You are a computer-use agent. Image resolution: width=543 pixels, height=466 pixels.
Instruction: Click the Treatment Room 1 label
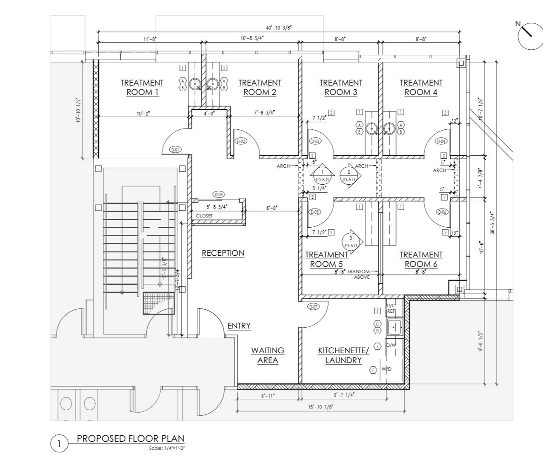142,87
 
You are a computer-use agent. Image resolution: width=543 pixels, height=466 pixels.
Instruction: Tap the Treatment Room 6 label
421,259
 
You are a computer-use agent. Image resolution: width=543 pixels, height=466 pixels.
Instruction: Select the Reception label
223,253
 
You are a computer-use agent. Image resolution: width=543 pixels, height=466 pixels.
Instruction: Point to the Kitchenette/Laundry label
343,355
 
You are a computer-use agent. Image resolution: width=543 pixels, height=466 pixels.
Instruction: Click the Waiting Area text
268,355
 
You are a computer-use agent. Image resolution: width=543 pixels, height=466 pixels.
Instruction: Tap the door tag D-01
175,149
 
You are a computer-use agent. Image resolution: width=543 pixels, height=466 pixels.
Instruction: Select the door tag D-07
313,307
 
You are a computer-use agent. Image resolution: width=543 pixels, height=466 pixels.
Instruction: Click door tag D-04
442,141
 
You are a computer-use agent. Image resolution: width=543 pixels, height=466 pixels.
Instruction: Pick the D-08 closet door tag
219,194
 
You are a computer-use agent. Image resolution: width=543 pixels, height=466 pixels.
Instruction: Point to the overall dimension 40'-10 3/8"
279,27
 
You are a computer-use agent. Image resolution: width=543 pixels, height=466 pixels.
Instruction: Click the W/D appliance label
386,369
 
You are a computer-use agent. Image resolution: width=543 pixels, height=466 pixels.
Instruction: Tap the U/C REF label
391,309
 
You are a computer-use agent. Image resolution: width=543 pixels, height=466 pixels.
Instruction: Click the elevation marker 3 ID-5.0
351,242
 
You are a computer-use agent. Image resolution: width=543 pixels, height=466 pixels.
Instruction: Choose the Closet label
204,216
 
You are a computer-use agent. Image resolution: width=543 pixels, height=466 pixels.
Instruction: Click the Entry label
239,326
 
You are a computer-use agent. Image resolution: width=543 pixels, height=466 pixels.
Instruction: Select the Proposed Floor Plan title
131,438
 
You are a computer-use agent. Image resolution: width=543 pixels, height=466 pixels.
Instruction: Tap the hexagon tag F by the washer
373,370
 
